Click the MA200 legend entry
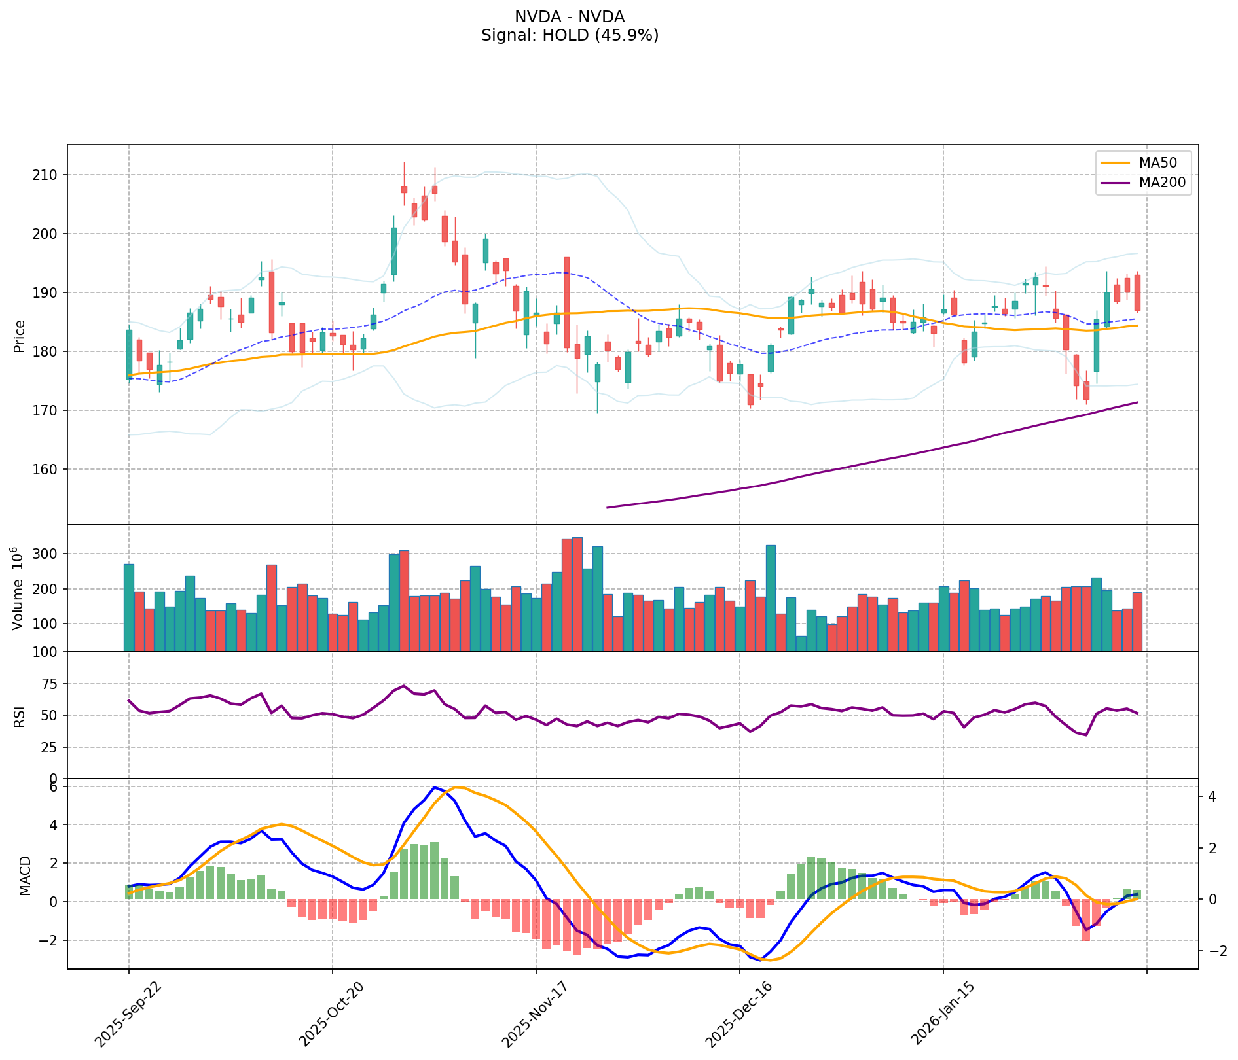point(1162,183)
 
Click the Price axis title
point(20,336)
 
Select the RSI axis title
point(20,716)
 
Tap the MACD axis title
point(25,875)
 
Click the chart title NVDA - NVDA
point(570,17)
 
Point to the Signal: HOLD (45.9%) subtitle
point(570,35)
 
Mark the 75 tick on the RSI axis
point(49,684)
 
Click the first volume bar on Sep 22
point(129,607)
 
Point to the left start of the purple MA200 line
point(608,507)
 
